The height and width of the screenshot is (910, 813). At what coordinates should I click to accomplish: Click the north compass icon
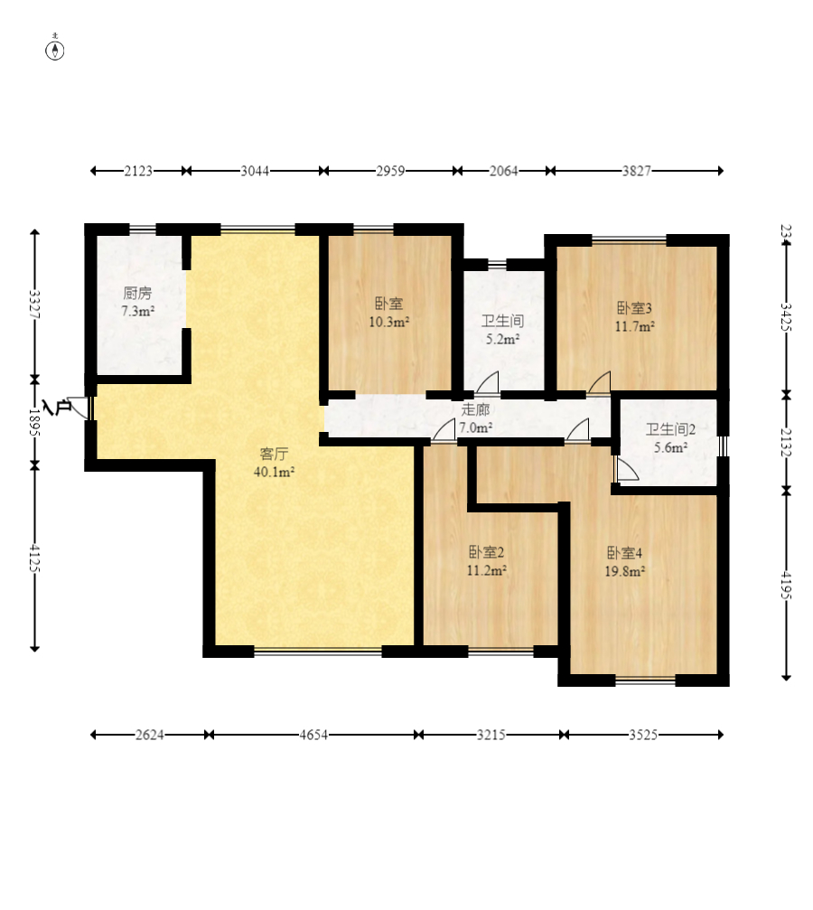click(x=55, y=49)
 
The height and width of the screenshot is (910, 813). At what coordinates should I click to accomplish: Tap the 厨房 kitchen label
click(x=137, y=293)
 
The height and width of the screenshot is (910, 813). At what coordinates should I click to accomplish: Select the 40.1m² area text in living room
click(x=274, y=472)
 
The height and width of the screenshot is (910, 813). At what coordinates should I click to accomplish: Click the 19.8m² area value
click(x=625, y=572)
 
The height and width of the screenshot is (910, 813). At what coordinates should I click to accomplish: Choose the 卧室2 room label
click(x=486, y=552)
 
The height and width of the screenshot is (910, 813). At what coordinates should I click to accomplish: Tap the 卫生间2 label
click(x=671, y=429)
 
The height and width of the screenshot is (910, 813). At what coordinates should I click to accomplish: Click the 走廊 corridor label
click(x=475, y=409)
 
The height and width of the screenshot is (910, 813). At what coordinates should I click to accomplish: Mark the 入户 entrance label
click(x=56, y=408)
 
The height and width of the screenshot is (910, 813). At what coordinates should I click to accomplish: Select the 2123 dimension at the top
click(x=138, y=171)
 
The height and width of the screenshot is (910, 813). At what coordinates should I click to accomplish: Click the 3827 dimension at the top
click(x=637, y=171)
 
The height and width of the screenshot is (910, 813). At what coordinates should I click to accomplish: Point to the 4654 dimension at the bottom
click(x=313, y=735)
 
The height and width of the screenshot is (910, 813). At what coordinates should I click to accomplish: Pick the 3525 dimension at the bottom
click(x=643, y=735)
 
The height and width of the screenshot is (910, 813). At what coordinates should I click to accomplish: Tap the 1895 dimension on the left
click(x=35, y=423)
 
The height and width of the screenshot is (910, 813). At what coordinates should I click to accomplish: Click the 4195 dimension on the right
click(x=786, y=585)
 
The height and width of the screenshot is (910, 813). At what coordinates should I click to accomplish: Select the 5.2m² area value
click(x=502, y=339)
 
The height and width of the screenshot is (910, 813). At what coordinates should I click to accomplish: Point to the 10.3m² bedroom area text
click(x=389, y=322)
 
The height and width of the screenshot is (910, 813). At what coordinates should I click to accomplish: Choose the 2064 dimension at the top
click(x=503, y=171)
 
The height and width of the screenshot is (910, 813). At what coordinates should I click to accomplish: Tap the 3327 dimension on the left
click(x=35, y=305)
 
